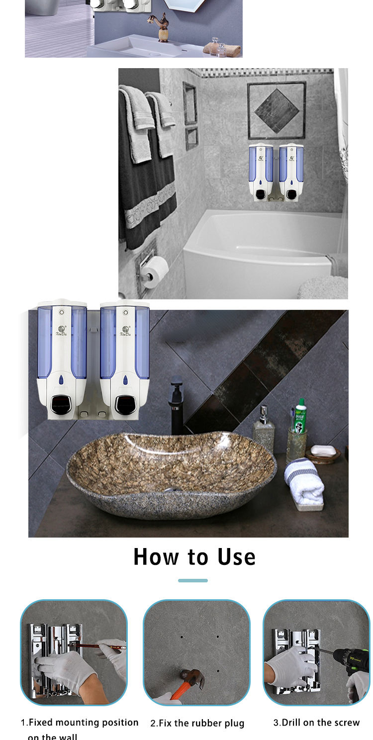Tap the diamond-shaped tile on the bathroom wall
coord(277,110)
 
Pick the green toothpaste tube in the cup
coord(299,415)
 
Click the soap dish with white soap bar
coord(323,452)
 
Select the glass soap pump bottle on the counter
coord(264,430)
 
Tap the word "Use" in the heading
coord(236,557)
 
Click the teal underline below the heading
coord(192,580)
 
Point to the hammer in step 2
coord(189,681)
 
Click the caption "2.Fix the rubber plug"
coord(197,723)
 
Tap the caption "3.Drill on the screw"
coord(316,722)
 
